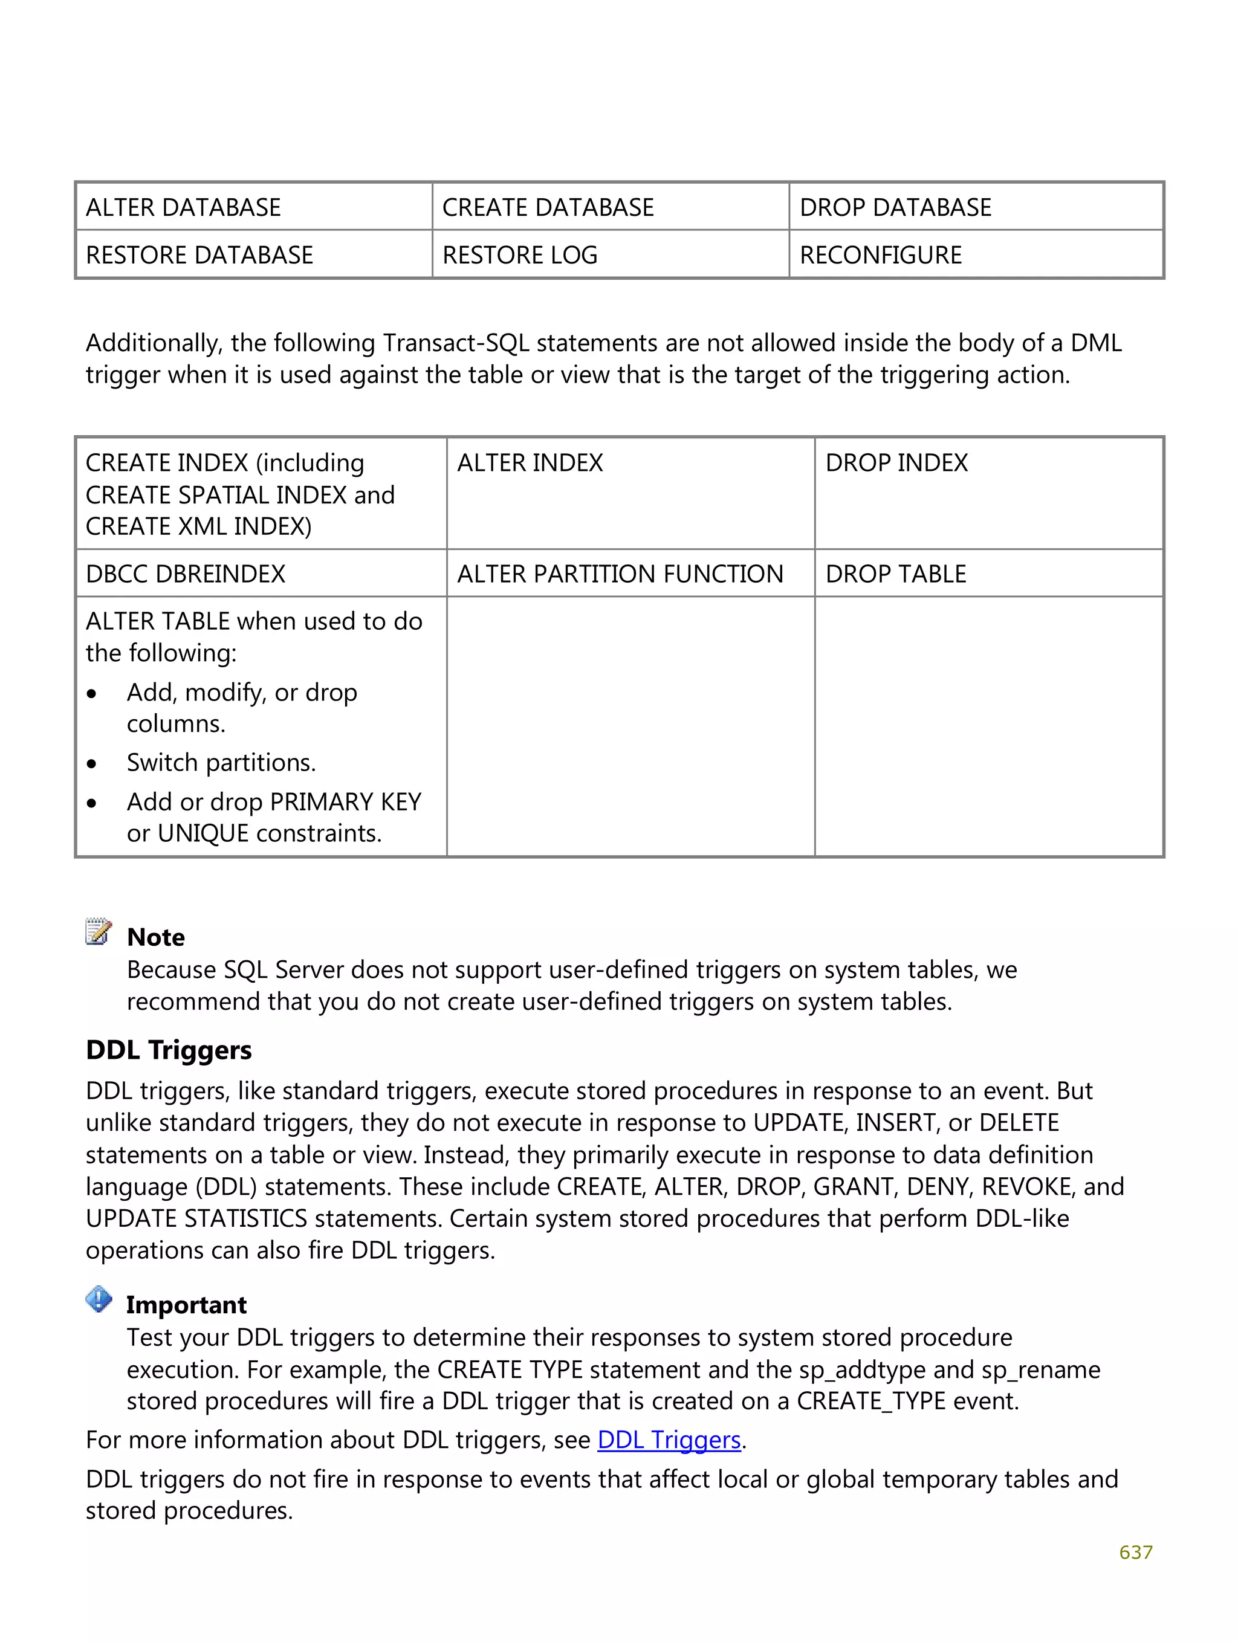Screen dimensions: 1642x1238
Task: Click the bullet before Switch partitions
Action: pyautogui.click(x=91, y=764)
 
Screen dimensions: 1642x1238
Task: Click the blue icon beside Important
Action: pyautogui.click(x=98, y=1299)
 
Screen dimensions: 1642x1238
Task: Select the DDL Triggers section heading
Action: pyautogui.click(x=169, y=1050)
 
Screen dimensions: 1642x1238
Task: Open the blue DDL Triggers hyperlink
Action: pyautogui.click(x=669, y=1440)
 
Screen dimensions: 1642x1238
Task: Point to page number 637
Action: pyautogui.click(x=1135, y=1551)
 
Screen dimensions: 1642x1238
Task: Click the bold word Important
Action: pyautogui.click(x=186, y=1304)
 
